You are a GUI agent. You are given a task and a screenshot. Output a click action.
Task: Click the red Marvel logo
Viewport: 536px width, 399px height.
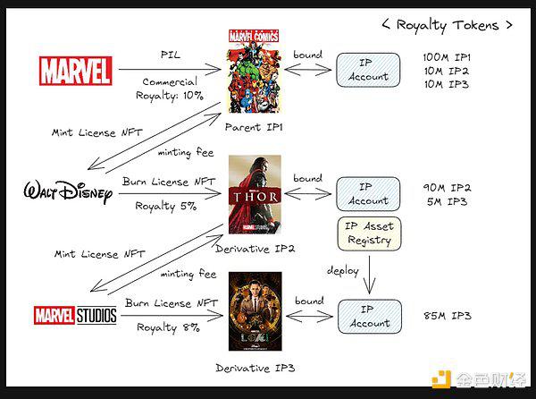(x=76, y=71)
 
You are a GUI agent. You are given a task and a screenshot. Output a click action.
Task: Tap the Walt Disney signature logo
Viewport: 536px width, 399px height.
(x=68, y=192)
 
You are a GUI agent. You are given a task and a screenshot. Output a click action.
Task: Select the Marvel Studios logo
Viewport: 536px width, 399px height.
(x=75, y=315)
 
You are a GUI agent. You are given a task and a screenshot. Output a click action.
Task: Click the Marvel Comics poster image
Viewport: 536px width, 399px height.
(x=254, y=72)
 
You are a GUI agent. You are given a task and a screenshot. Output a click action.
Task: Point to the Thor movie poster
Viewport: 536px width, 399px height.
(x=255, y=194)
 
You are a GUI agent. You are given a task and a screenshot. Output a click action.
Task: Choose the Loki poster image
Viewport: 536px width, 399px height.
(x=255, y=311)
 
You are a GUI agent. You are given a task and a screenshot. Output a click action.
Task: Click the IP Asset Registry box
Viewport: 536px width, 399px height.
(x=369, y=233)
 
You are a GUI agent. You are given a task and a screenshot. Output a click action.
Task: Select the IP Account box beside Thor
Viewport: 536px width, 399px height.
(x=368, y=194)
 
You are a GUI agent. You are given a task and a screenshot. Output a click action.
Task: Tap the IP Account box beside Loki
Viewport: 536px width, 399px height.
(x=370, y=317)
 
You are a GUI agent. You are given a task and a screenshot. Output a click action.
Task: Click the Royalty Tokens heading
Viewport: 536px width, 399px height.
(x=448, y=26)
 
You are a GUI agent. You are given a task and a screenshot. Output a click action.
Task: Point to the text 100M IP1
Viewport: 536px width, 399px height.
(x=447, y=57)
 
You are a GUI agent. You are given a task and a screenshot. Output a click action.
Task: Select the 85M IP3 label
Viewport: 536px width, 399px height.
(x=448, y=316)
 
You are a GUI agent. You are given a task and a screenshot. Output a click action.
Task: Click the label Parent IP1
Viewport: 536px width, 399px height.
(x=254, y=127)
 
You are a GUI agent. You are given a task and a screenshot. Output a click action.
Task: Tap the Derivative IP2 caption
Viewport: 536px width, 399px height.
(x=255, y=249)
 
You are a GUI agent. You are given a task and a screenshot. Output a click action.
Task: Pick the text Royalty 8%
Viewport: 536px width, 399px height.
(x=168, y=327)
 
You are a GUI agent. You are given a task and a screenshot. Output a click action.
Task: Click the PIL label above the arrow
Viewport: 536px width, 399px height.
(x=171, y=55)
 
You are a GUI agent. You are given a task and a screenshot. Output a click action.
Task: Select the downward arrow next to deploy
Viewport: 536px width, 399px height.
(x=369, y=275)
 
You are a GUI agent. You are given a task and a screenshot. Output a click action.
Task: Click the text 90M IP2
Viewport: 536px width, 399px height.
(x=448, y=188)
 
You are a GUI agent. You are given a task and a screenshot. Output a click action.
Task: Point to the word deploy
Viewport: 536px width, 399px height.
(x=343, y=271)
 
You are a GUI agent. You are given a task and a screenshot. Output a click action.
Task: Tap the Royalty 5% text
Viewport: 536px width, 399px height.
(x=166, y=207)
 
